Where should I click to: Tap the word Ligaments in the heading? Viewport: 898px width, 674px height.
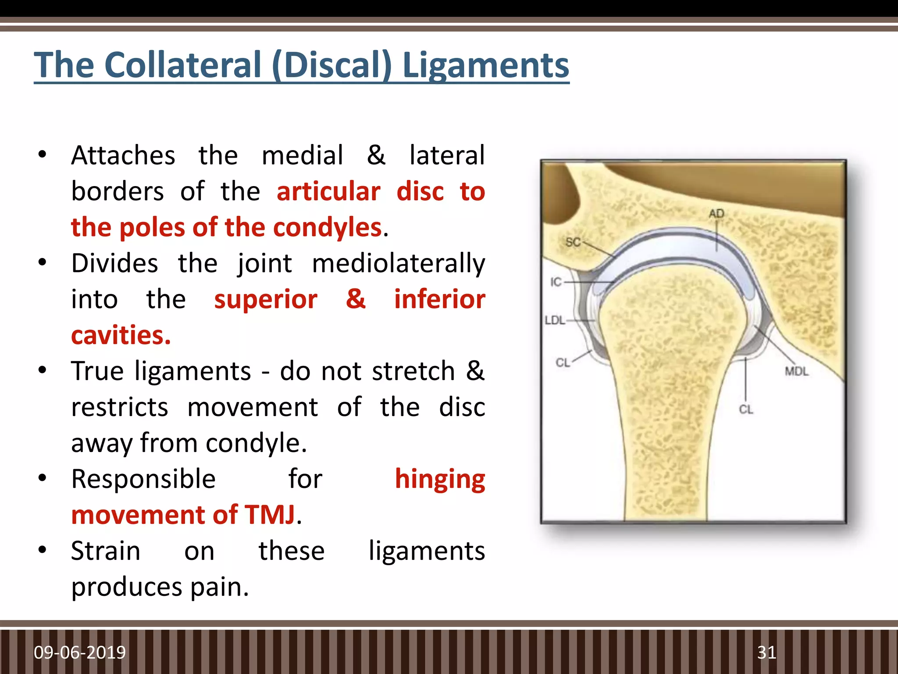tap(485, 65)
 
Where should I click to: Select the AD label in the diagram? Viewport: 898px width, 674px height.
tap(716, 214)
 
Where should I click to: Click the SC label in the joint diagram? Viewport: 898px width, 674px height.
tap(573, 242)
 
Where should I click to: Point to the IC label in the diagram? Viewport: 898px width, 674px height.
tap(556, 282)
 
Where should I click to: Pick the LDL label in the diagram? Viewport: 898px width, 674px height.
tap(555, 320)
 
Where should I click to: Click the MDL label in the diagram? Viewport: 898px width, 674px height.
tap(797, 372)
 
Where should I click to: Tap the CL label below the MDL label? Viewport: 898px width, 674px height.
tap(746, 409)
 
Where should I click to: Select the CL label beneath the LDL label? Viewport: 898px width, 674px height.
tap(563, 362)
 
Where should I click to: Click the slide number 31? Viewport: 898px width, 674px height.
tap(766, 652)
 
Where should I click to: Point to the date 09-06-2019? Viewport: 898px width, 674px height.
tap(80, 652)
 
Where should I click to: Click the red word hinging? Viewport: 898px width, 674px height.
tap(440, 479)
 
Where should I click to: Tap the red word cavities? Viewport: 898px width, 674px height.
tap(121, 336)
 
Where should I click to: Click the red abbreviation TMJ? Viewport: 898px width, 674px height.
tap(270, 515)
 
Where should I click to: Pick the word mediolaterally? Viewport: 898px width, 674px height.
tap(398, 264)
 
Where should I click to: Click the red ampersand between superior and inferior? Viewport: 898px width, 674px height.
tap(356, 300)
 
